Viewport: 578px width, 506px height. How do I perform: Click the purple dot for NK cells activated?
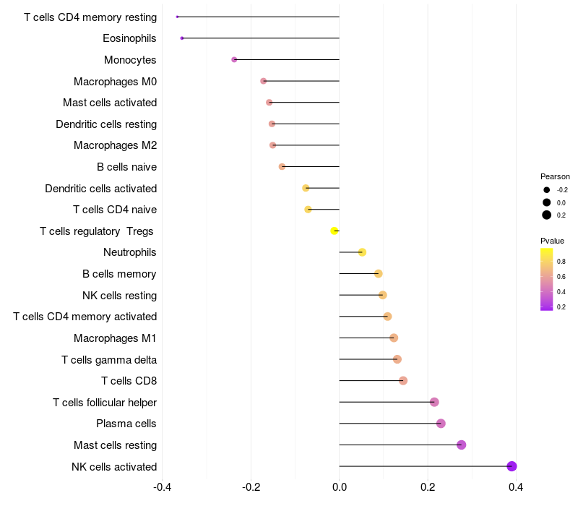tap(512, 466)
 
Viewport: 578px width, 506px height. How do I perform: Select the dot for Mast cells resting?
tap(461, 445)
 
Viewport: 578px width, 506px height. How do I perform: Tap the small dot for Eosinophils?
tap(182, 38)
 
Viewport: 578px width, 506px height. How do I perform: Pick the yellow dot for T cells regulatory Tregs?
tap(335, 231)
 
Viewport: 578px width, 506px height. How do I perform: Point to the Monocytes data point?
tap(234, 60)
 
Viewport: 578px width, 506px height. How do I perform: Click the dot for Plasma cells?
tap(441, 424)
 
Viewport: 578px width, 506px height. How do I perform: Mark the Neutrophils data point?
tap(362, 252)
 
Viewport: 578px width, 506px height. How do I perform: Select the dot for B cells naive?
tap(282, 167)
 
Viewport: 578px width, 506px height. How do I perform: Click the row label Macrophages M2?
tap(116, 145)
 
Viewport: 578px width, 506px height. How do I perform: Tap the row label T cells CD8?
tap(129, 381)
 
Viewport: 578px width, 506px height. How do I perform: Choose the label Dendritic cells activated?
tap(101, 189)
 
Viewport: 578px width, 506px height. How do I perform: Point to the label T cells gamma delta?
tap(109, 359)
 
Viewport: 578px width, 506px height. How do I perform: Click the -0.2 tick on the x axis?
tap(251, 487)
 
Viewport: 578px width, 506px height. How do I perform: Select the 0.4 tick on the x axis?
tap(516, 487)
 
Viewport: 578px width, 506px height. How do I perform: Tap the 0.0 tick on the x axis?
tap(339, 487)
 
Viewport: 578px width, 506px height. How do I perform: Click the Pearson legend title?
tap(555, 176)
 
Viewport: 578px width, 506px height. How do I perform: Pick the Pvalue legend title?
tap(552, 241)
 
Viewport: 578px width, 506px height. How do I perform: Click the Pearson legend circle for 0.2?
tap(547, 215)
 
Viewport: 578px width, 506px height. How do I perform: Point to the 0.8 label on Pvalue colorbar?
tap(561, 262)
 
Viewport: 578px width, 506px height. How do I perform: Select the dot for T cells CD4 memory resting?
tap(177, 17)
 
